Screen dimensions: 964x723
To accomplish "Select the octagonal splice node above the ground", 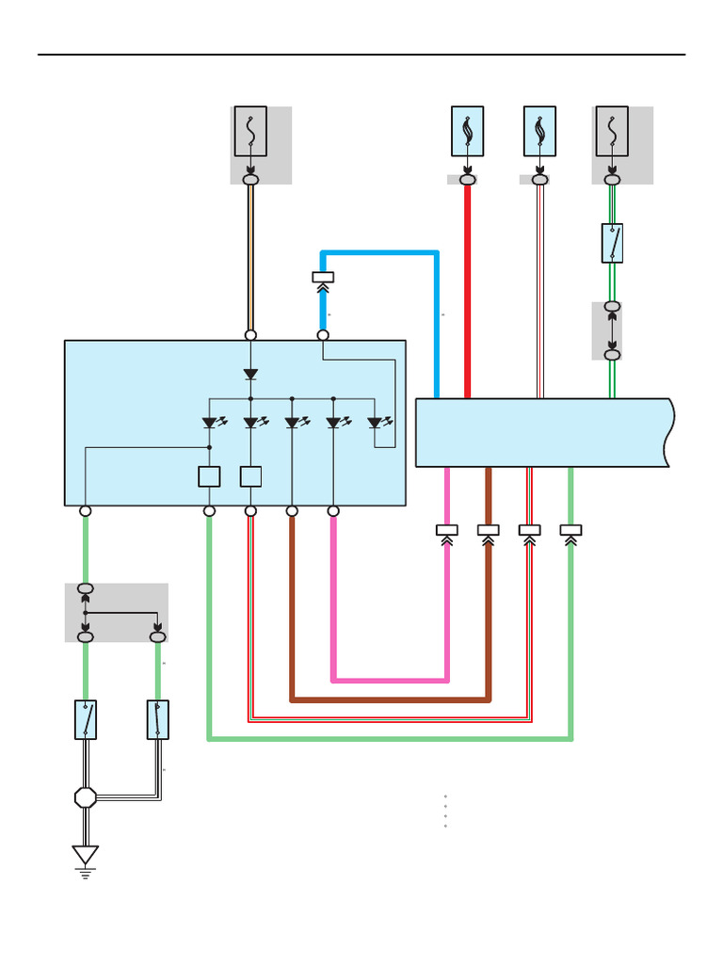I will pyautogui.click(x=86, y=797).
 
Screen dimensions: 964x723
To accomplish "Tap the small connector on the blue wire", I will pyautogui.click(x=323, y=278).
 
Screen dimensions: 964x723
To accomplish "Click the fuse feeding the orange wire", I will pyautogui.click(x=250, y=131).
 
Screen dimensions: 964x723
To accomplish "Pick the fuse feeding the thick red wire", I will pyautogui.click(x=467, y=131).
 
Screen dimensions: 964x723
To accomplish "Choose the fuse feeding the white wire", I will pyautogui.click(x=539, y=131).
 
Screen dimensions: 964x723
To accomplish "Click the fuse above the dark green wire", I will pyautogui.click(x=612, y=131).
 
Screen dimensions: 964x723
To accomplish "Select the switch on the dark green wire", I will pyautogui.click(x=612, y=243).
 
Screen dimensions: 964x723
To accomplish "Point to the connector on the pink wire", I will pyautogui.click(x=446, y=531).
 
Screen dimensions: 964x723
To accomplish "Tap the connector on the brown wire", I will pyautogui.click(x=488, y=531).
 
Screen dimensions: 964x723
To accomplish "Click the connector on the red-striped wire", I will pyautogui.click(x=529, y=531).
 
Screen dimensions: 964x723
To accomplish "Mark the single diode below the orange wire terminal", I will pyautogui.click(x=250, y=374).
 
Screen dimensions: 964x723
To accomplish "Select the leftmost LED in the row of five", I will pyautogui.click(x=210, y=424).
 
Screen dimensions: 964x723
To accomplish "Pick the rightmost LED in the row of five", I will pyautogui.click(x=375, y=424).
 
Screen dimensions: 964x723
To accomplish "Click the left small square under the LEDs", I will pyautogui.click(x=209, y=476).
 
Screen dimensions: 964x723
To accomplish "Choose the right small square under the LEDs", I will pyautogui.click(x=250, y=476).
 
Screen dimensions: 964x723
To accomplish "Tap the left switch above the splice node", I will pyautogui.click(x=86, y=719).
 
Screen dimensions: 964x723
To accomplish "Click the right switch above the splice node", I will pyautogui.click(x=157, y=719).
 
